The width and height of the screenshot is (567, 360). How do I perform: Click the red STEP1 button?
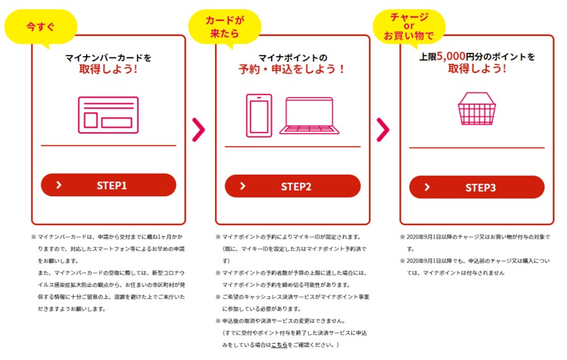[x=108, y=185]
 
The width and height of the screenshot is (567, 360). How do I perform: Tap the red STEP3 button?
[x=476, y=187]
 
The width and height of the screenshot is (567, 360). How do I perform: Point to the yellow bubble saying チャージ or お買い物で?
[x=409, y=25]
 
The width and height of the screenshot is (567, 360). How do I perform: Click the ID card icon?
[x=108, y=116]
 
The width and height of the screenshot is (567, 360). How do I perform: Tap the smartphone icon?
[x=259, y=115]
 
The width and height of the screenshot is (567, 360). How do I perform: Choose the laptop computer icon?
[x=309, y=116]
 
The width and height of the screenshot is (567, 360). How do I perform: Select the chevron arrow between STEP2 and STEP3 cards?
[x=383, y=129]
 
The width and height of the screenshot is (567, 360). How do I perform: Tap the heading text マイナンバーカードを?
[x=108, y=57]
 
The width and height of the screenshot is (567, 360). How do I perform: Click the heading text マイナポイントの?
[x=292, y=57]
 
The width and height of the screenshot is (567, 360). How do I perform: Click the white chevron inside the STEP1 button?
[x=59, y=185]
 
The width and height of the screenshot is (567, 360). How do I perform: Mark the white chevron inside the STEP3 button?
[x=428, y=187]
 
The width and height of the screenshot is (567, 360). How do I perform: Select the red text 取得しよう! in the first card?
[x=108, y=68]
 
